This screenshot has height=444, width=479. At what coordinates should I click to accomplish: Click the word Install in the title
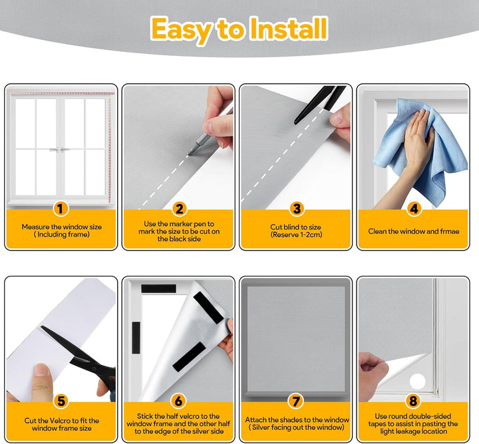tap(289, 29)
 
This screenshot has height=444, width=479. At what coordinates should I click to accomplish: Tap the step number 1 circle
tap(61, 209)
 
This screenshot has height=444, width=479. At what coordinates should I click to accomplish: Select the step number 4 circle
tap(414, 209)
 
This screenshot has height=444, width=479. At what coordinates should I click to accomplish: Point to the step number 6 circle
tap(178, 401)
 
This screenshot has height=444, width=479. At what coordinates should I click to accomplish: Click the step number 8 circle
tap(413, 401)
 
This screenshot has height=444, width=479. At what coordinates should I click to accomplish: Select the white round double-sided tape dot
tap(417, 381)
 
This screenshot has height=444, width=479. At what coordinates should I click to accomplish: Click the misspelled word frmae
tap(450, 231)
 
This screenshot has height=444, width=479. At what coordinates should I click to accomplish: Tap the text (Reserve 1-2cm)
tap(296, 235)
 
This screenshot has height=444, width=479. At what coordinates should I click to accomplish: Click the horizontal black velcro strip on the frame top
tap(158, 288)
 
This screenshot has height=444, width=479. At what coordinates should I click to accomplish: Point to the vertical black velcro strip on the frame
tap(136, 338)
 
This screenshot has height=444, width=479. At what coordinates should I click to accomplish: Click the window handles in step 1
tap(61, 150)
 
